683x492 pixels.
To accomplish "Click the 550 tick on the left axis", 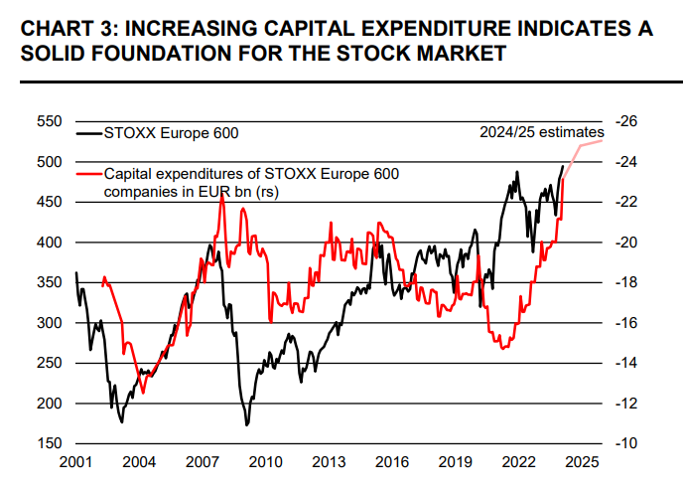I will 49,121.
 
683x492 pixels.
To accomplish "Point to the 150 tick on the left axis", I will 49,443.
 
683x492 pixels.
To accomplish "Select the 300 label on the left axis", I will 49,323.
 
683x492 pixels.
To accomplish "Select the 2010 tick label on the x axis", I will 263,462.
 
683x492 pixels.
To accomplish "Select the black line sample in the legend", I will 90,132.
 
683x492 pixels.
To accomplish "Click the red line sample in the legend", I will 90,173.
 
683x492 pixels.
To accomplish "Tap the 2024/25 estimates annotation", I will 540,132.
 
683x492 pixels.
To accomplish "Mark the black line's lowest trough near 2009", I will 246,424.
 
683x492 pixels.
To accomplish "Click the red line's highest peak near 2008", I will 221,193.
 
